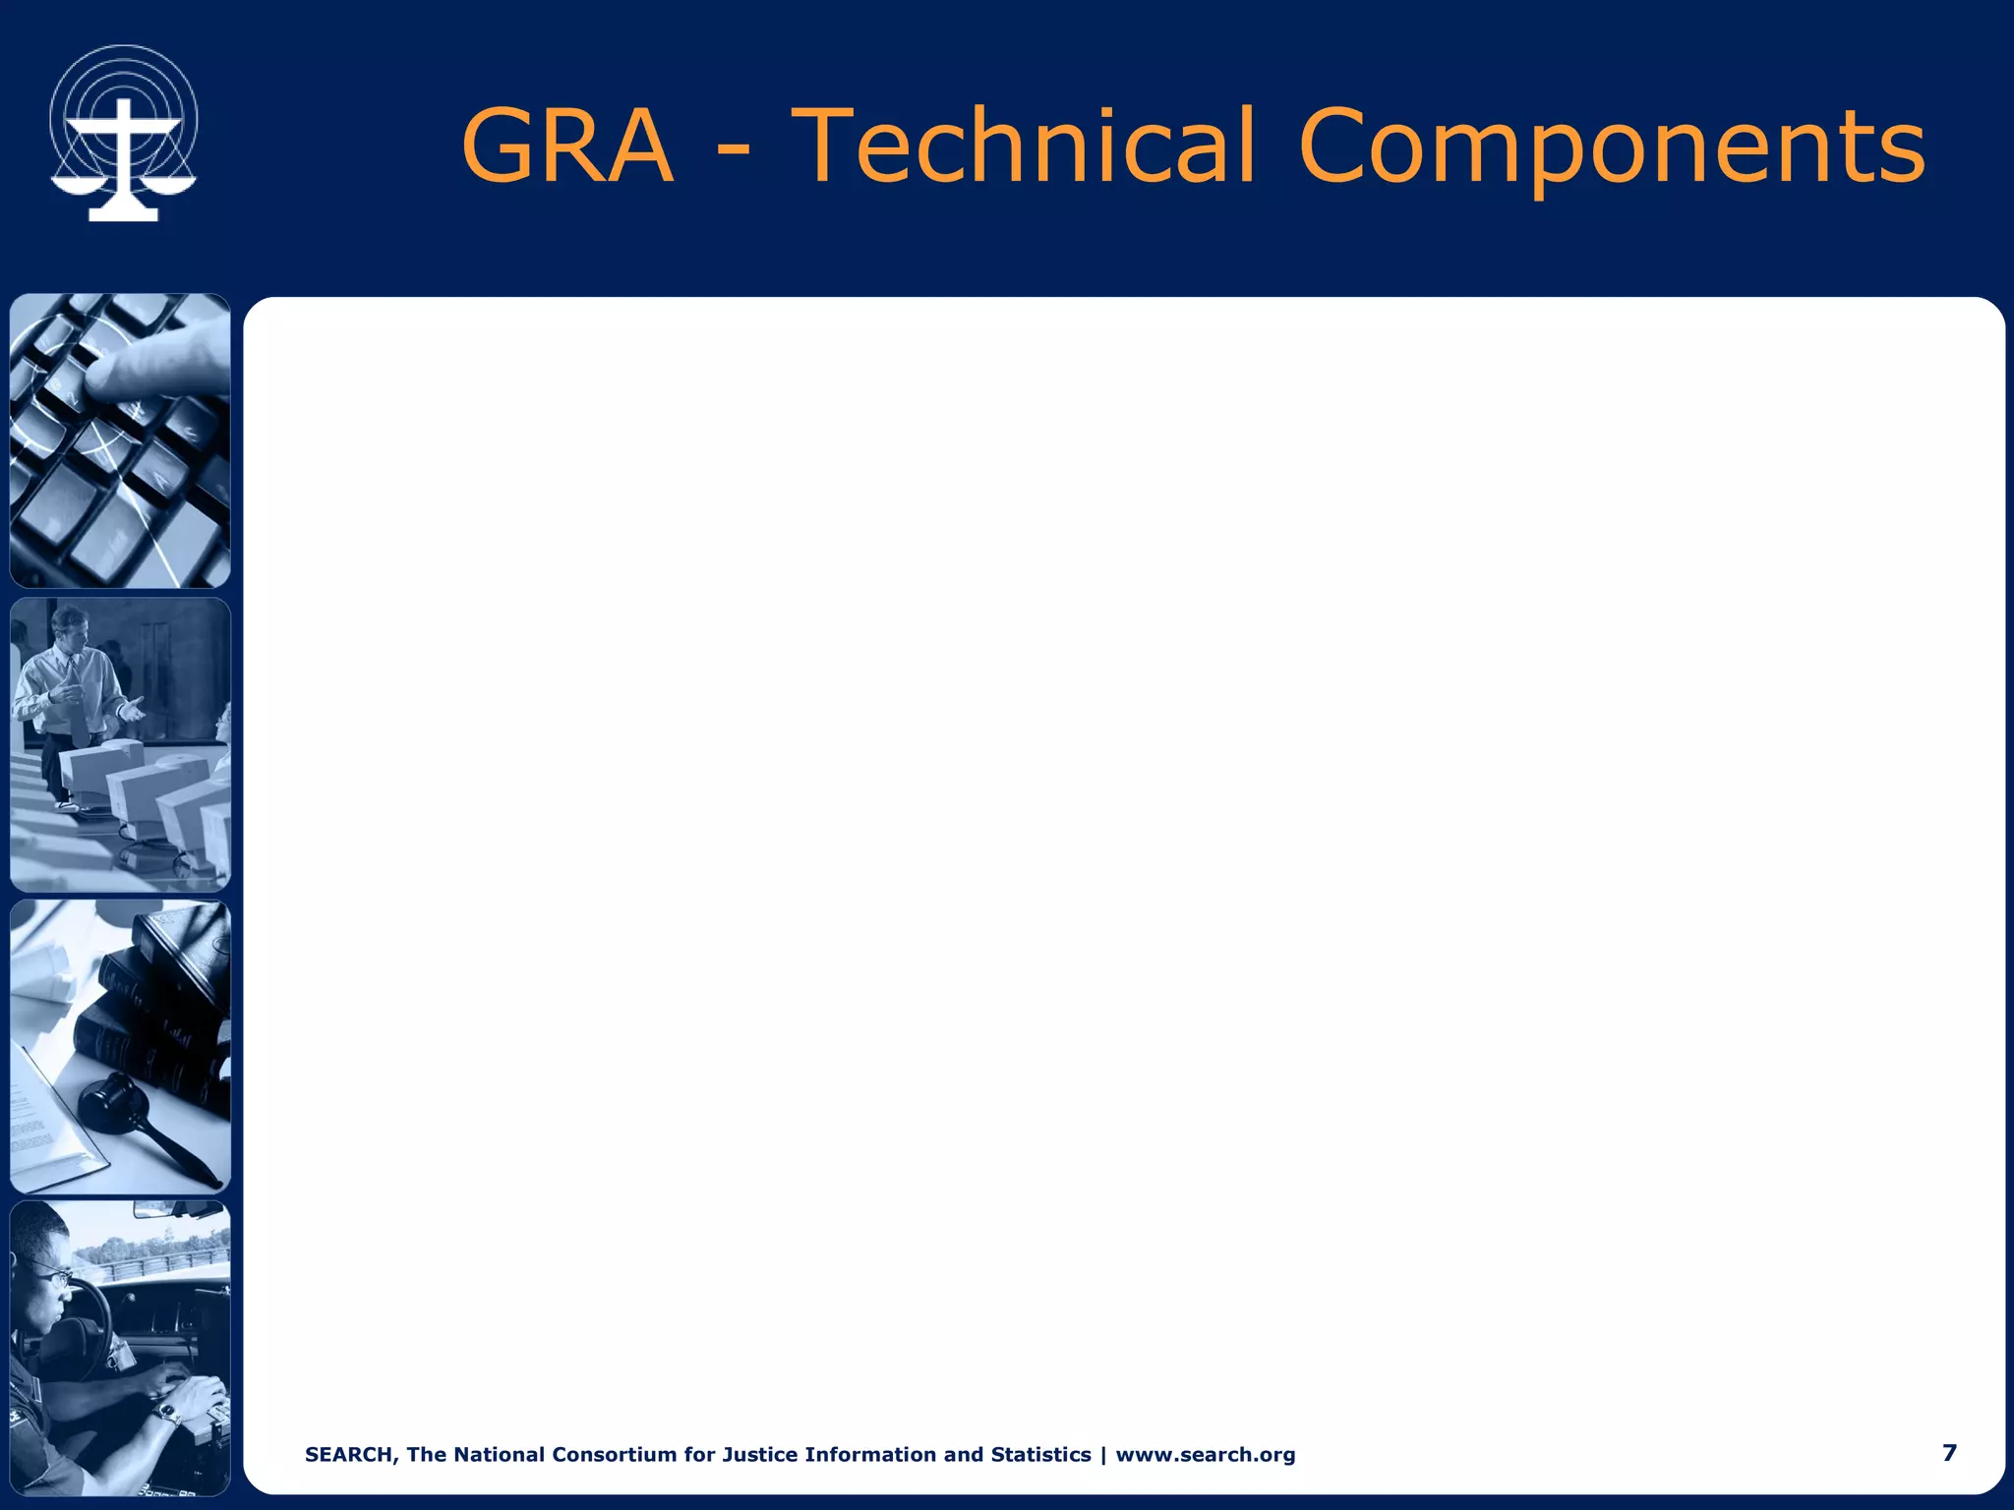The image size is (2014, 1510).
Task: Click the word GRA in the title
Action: click(567, 147)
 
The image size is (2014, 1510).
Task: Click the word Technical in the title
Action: click(1023, 147)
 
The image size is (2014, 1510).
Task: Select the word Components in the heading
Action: click(1611, 147)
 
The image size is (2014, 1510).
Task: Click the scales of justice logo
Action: click(123, 133)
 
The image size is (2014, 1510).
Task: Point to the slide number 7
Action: click(1949, 1452)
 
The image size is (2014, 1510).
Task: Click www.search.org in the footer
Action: click(1205, 1454)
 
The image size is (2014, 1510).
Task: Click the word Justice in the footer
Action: click(760, 1454)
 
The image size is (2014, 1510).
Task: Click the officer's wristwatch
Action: click(167, 1412)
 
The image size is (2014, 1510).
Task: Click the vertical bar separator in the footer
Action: click(1103, 1454)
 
